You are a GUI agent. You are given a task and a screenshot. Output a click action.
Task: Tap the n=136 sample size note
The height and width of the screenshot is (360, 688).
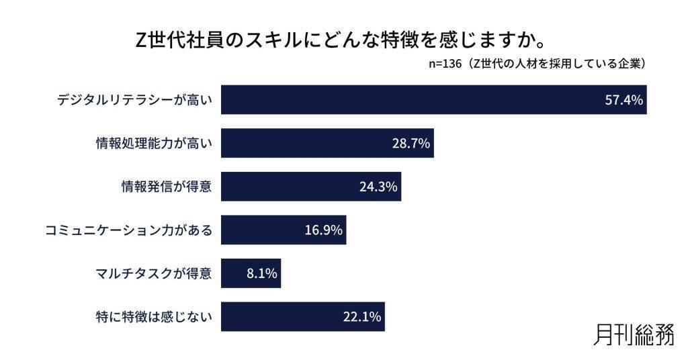click(x=537, y=64)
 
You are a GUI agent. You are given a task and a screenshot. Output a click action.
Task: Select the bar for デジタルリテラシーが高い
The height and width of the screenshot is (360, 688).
click(x=403, y=100)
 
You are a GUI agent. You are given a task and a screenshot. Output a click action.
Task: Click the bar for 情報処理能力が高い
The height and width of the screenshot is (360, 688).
click(x=302, y=143)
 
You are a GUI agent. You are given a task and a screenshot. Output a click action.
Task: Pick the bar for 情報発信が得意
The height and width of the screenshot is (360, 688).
click(x=289, y=186)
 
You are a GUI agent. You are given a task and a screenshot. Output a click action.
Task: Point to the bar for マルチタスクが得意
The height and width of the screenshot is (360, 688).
click(x=235, y=273)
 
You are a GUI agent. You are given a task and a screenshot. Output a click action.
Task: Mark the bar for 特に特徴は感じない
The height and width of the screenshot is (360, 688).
click(x=282, y=316)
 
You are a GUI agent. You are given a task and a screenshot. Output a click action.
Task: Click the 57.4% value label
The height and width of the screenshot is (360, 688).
click(x=624, y=100)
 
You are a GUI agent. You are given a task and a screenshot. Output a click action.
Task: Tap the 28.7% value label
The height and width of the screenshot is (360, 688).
click(x=411, y=143)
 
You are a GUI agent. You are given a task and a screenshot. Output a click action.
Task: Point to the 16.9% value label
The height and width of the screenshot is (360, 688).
click(x=324, y=230)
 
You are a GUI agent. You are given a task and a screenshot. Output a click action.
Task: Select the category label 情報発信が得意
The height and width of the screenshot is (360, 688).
click(x=163, y=187)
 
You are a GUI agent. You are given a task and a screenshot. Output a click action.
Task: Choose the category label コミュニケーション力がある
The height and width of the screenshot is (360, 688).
click(x=128, y=230)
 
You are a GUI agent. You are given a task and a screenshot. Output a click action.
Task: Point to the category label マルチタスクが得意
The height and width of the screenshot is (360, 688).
click(x=154, y=273)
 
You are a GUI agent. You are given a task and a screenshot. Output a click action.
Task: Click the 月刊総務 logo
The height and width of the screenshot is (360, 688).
click(x=634, y=333)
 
